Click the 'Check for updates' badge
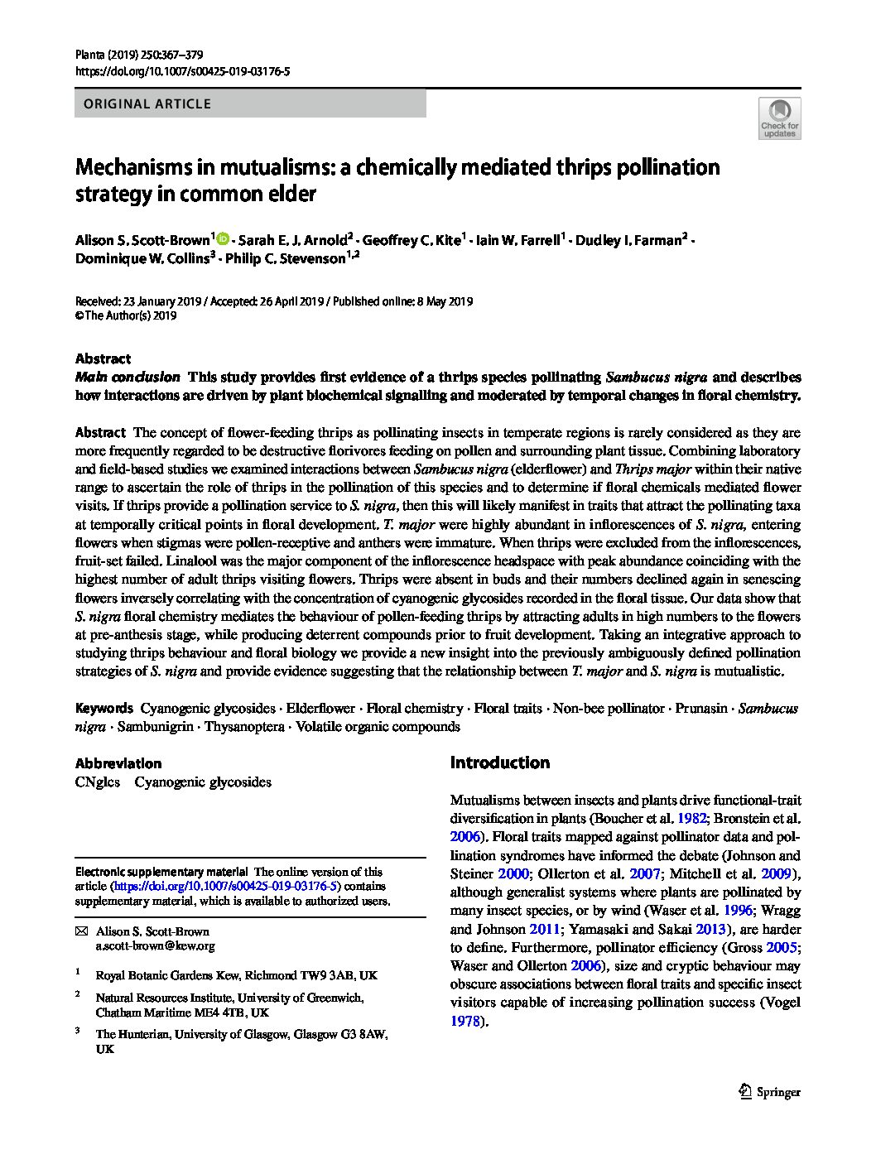point(779,118)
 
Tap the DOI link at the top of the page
point(182,72)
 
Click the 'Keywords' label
point(103,708)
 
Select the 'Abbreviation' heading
point(118,763)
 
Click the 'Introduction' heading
point(499,762)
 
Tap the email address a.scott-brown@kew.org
point(155,945)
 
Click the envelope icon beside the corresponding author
point(81,932)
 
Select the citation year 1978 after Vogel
point(465,1021)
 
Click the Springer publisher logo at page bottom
point(769,1091)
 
